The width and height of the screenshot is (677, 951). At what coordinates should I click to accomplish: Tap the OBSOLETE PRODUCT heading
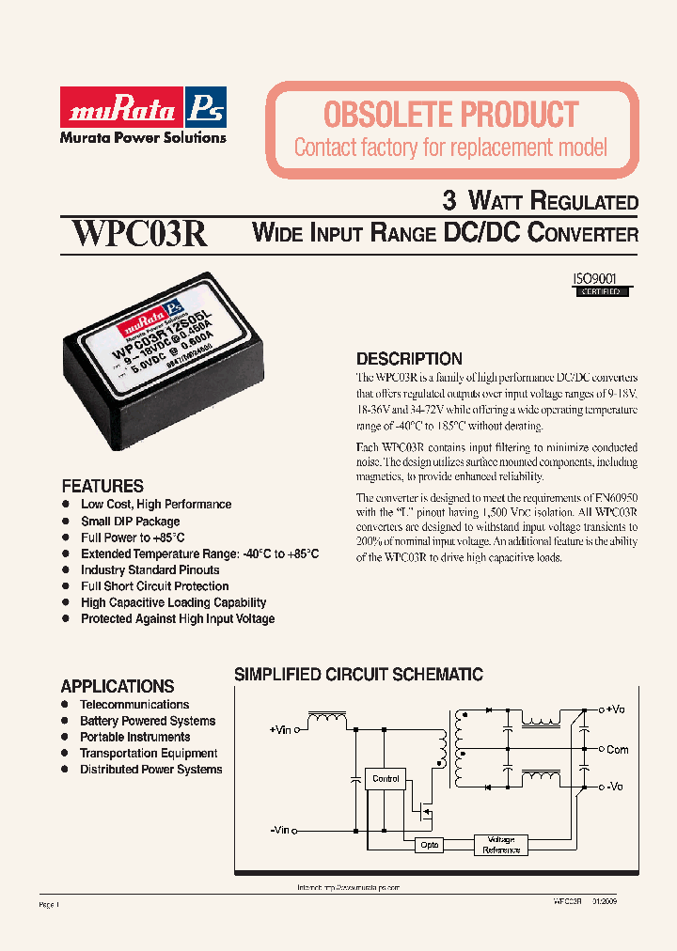(x=450, y=115)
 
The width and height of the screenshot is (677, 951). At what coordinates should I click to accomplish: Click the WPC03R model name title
(x=140, y=233)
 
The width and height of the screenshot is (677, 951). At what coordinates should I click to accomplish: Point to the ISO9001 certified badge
(x=596, y=285)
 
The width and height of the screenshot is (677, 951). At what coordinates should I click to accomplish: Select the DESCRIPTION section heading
(x=409, y=359)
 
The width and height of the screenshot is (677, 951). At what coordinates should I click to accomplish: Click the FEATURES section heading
(x=102, y=486)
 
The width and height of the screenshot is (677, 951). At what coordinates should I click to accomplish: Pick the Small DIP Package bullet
(x=130, y=522)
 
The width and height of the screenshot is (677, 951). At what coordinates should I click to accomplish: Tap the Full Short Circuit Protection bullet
(x=154, y=586)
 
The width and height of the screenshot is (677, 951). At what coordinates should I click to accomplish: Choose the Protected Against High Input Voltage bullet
(x=178, y=619)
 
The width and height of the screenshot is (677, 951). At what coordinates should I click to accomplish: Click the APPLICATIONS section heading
(x=118, y=686)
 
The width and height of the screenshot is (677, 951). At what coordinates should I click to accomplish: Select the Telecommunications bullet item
(x=134, y=705)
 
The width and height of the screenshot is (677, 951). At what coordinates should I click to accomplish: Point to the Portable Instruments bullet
(x=135, y=738)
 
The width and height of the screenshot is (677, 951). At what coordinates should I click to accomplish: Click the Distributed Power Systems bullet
(x=150, y=770)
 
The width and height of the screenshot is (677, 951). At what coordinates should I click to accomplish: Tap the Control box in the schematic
(x=386, y=778)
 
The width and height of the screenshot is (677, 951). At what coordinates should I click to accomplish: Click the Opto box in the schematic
(x=428, y=846)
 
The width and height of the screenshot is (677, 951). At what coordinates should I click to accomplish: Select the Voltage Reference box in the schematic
(x=501, y=845)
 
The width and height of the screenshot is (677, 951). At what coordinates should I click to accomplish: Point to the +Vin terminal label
(x=280, y=728)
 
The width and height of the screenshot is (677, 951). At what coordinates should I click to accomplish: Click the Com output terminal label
(x=617, y=750)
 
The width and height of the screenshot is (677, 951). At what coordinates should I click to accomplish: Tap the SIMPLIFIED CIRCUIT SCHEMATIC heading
(x=358, y=675)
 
